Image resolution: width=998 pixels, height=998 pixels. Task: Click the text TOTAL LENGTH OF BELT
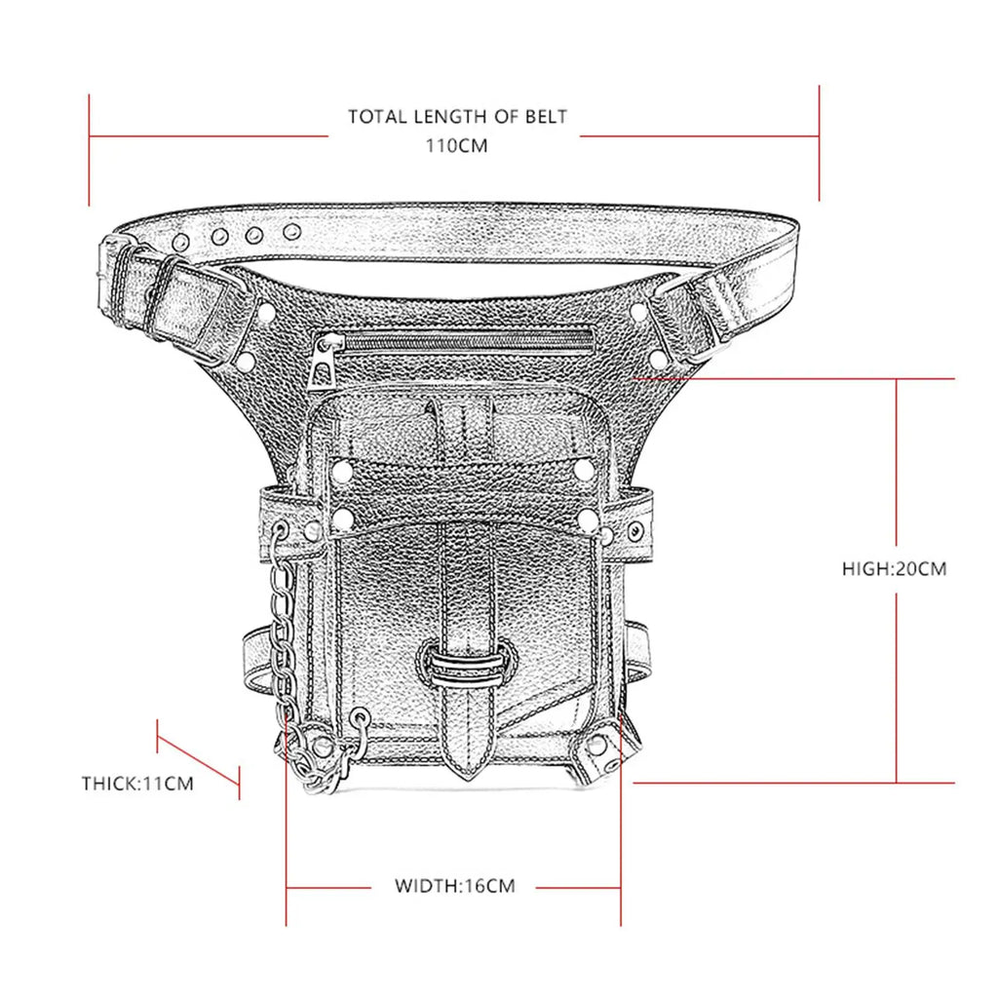pyautogui.click(x=457, y=117)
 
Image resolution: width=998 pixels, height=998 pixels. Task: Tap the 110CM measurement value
pyautogui.click(x=456, y=146)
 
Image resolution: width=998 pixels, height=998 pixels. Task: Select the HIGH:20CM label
pyautogui.click(x=895, y=568)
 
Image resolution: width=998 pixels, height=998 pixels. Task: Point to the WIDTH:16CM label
pyautogui.click(x=454, y=886)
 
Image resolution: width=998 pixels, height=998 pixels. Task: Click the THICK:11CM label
pyautogui.click(x=137, y=783)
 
